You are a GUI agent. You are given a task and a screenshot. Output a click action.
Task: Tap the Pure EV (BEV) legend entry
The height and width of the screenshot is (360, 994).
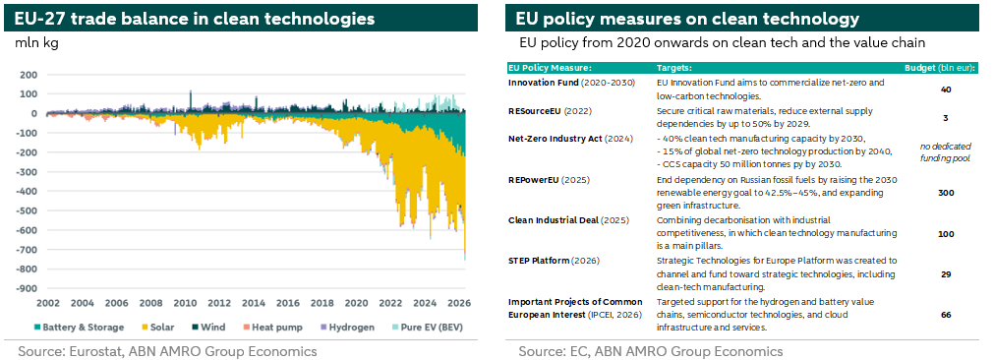coord(427,327)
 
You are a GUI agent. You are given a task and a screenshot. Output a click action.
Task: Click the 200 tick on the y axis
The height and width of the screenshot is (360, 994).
coord(29,74)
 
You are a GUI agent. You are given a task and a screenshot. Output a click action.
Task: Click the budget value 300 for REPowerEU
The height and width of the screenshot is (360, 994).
coord(946,193)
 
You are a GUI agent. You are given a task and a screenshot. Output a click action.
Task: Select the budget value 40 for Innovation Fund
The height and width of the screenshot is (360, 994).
coord(946,90)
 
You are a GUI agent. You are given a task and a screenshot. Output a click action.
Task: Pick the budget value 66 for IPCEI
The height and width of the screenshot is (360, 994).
coord(946,315)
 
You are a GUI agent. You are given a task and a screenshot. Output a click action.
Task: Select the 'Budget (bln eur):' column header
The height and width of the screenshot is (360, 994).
coord(940,68)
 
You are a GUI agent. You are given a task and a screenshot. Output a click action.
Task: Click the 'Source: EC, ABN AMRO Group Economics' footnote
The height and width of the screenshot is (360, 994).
coord(651,350)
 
